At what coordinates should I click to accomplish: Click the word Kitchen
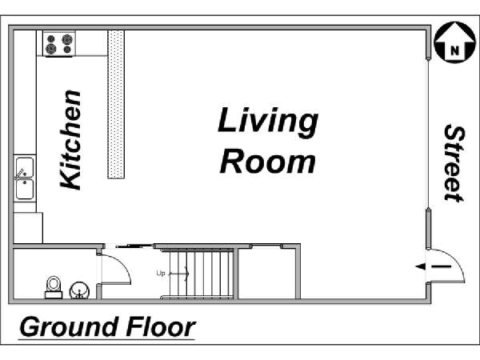click(70, 140)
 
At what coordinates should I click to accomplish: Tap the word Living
click(268, 122)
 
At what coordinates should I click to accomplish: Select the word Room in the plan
click(267, 161)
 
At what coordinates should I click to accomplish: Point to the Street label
click(454, 163)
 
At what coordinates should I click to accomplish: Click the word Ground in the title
click(69, 327)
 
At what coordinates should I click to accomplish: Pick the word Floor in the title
click(161, 327)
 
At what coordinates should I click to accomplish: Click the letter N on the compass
click(455, 50)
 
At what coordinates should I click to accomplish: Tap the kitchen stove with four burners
click(59, 44)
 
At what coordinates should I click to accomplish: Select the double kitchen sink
click(25, 178)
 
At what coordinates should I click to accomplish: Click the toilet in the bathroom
click(54, 287)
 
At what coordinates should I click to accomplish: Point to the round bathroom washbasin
click(79, 290)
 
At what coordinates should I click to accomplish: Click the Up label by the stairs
click(161, 273)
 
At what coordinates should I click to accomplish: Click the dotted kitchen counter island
click(116, 104)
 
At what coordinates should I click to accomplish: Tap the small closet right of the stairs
click(267, 273)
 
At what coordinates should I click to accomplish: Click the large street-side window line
click(428, 134)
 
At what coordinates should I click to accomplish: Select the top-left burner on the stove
click(51, 38)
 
